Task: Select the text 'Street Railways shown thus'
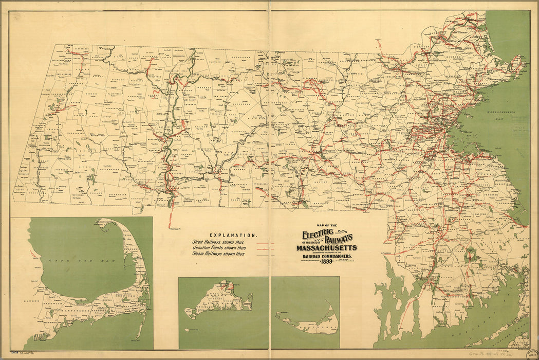coord(219,242)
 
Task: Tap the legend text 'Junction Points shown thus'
coord(219,248)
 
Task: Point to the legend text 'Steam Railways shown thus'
coord(219,254)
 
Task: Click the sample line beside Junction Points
coord(265,248)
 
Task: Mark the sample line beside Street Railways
coord(265,242)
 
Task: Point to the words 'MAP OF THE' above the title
coord(326,226)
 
